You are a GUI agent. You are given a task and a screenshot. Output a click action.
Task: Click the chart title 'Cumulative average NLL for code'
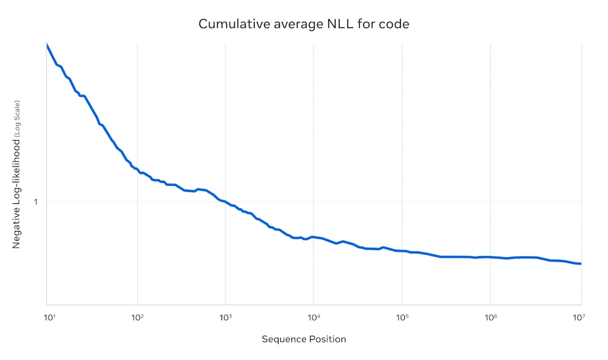click(x=303, y=24)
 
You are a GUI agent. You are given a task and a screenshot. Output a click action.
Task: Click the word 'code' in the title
click(x=394, y=24)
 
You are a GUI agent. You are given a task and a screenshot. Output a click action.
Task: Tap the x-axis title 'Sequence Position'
click(x=303, y=339)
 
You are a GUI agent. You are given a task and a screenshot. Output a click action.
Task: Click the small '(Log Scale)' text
click(x=18, y=119)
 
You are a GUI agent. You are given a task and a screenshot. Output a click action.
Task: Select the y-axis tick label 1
click(x=36, y=201)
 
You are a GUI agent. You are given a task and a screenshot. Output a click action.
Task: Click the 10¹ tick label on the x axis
click(x=49, y=318)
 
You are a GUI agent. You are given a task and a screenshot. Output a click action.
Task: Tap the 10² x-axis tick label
click(x=137, y=318)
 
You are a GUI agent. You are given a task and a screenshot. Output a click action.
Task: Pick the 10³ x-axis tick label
click(x=225, y=318)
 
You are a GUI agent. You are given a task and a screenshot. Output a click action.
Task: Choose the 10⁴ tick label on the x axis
click(x=313, y=318)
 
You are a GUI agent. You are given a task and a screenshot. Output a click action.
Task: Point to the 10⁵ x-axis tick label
click(x=402, y=318)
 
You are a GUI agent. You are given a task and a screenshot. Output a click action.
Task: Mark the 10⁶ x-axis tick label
click(x=490, y=318)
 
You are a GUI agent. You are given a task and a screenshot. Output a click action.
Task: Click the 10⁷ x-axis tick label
click(x=579, y=318)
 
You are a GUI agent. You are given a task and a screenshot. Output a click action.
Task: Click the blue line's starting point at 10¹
click(x=47, y=45)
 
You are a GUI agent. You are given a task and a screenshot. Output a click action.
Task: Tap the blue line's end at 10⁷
click(x=580, y=263)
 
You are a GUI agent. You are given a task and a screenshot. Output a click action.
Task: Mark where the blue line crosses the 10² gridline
click(x=137, y=170)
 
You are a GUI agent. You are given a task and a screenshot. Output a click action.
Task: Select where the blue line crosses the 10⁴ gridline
click(x=313, y=236)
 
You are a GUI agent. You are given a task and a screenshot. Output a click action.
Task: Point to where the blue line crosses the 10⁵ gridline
click(x=402, y=251)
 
